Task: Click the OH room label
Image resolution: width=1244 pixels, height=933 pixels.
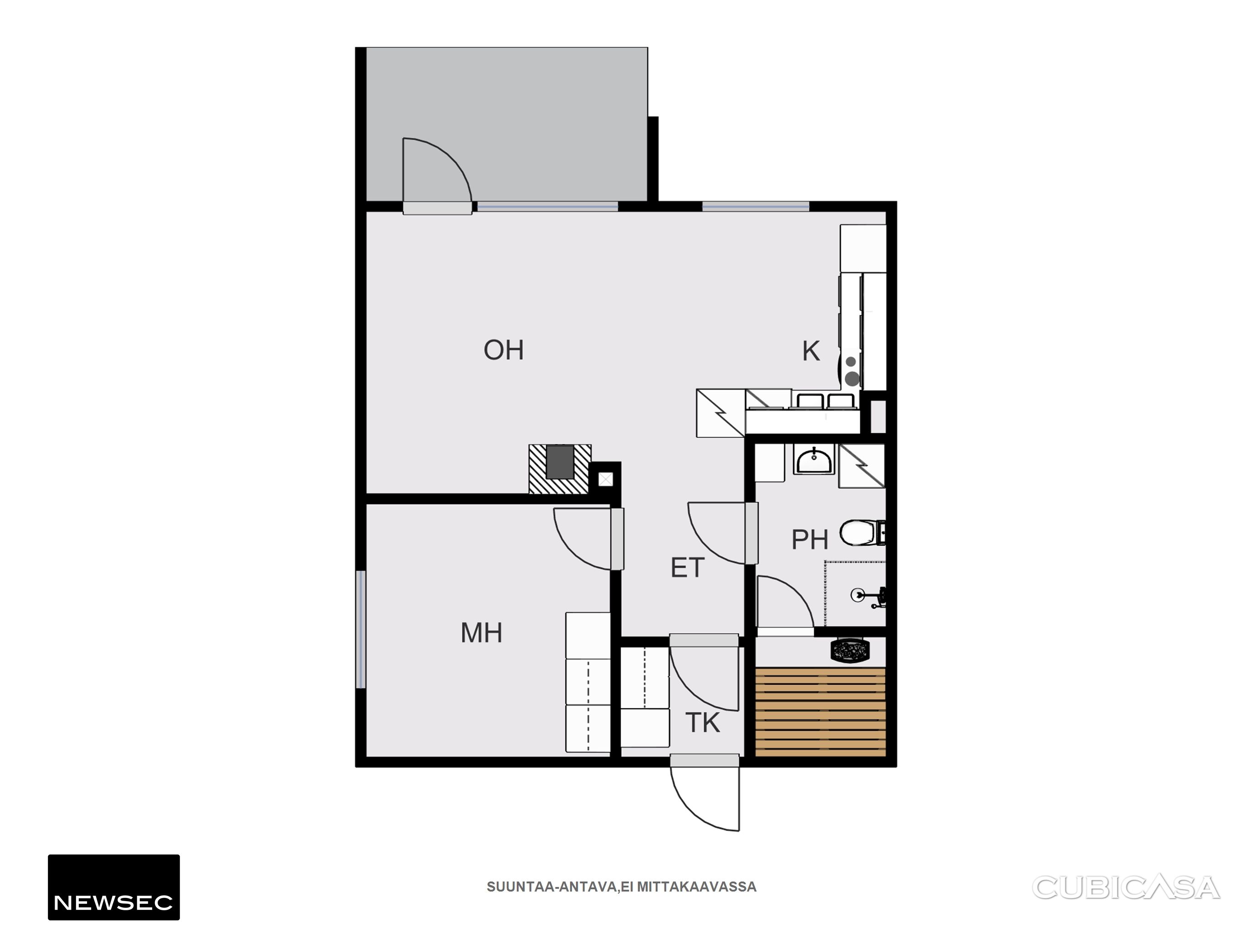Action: coord(504,350)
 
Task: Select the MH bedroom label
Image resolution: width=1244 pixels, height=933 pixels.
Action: coord(481,633)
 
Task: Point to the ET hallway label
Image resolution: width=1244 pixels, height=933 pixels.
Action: coord(687,568)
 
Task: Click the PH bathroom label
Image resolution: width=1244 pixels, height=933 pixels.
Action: coord(809,539)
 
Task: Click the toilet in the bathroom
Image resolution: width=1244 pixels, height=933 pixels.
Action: coord(863,532)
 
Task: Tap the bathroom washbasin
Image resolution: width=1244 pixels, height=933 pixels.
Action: coord(814,460)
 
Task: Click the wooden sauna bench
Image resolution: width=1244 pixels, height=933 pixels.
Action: coord(821,712)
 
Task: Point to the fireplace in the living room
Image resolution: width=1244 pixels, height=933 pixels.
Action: coord(560,469)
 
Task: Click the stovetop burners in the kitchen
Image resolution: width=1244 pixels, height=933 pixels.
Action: coord(852,371)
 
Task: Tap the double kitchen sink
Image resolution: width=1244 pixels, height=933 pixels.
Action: coord(826,400)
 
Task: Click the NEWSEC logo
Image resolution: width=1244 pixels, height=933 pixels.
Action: coord(113,887)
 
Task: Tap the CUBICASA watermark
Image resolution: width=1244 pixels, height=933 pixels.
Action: coord(1126,887)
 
